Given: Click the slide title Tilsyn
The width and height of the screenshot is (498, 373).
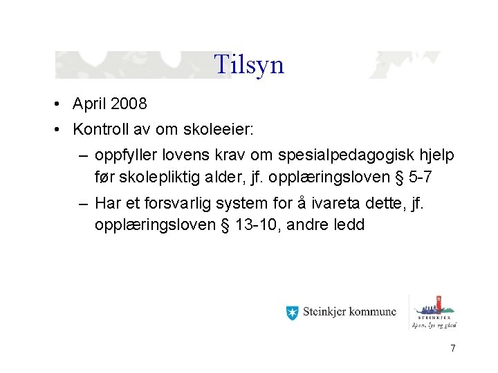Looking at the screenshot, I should pos(249,64).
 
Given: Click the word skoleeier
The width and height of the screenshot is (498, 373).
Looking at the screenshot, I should pos(216,129).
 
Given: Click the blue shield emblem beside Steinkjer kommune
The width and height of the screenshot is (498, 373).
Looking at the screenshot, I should pos(292,312).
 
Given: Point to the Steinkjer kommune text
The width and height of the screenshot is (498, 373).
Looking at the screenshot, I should pos(350,312).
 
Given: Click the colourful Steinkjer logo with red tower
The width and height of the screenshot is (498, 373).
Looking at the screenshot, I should pos(436,310).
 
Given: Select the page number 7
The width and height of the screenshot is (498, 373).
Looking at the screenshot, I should pos(452,349).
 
